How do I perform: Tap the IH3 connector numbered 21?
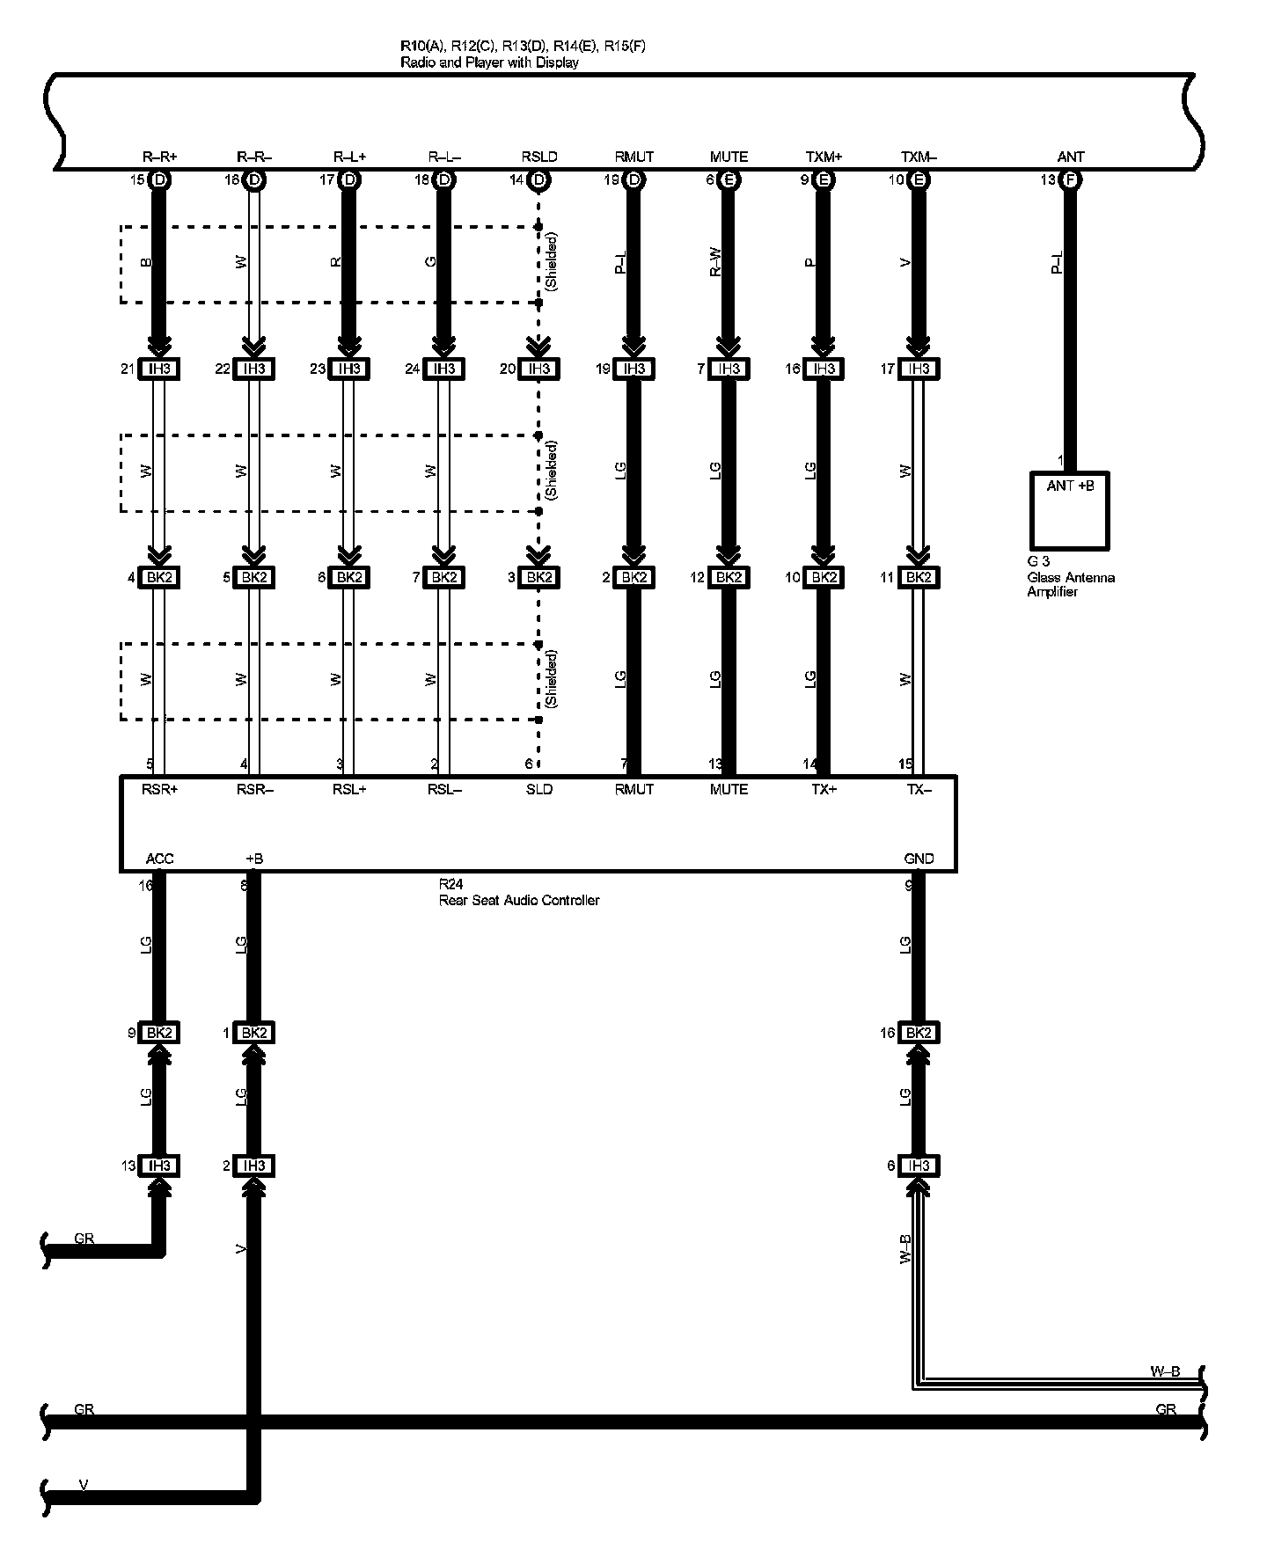coord(159,369)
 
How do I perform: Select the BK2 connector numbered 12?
coord(729,577)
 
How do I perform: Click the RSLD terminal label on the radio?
coord(539,157)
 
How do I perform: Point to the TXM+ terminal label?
coord(824,157)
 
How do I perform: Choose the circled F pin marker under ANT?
coord(1070,180)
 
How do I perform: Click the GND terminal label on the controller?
coord(919,859)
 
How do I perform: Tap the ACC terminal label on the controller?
coord(159,859)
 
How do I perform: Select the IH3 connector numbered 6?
coord(919,1166)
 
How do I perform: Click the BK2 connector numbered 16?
coord(919,1032)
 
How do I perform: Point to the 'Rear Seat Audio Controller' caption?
coord(519,900)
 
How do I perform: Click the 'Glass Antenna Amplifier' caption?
coord(1071,584)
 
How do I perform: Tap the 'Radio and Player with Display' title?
coord(489,62)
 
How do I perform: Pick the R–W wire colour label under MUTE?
coord(715,262)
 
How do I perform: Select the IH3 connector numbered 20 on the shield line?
coord(539,369)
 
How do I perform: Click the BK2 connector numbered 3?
coord(539,577)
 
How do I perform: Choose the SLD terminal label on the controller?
coord(539,789)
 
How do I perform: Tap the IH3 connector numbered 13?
coord(159,1166)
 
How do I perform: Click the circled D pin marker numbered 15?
coord(159,180)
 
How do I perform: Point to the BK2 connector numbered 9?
coord(159,1032)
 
